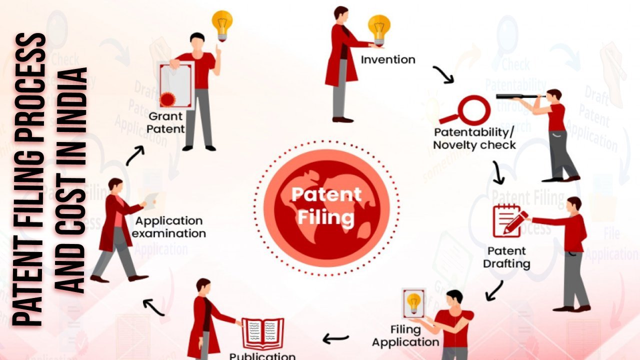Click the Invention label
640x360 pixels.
388,59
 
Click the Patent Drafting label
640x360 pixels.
506,256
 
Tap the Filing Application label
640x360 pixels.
405,336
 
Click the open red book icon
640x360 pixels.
262,333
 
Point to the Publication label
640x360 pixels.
262,355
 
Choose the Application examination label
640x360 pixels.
170,227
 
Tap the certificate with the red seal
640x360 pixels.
176,85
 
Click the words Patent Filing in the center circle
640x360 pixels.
326,205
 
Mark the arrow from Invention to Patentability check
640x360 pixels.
443,74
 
